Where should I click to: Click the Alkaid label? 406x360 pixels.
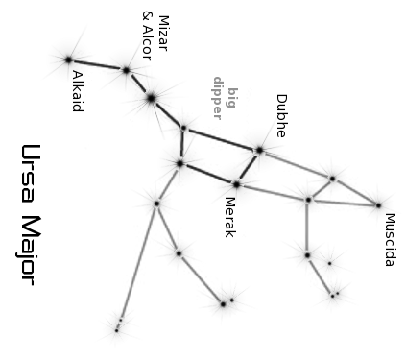pyautogui.click(x=78, y=91)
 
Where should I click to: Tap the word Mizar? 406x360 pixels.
pyautogui.click(x=163, y=34)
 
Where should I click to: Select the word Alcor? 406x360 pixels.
pyautogui.click(x=147, y=42)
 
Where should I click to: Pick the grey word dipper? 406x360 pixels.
pyautogui.click(x=218, y=98)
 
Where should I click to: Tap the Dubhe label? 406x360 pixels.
pyautogui.click(x=281, y=116)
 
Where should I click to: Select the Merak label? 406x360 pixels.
pyautogui.click(x=230, y=217)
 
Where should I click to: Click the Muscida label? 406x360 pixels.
pyautogui.click(x=391, y=240)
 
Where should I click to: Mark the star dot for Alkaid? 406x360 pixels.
pyautogui.click(x=68, y=60)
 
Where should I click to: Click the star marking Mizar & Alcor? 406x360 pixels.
pyautogui.click(x=126, y=70)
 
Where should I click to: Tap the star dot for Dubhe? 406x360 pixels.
pyautogui.click(x=259, y=150)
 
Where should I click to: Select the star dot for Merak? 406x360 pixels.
pyautogui.click(x=236, y=184)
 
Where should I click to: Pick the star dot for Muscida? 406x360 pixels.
pyautogui.click(x=378, y=205)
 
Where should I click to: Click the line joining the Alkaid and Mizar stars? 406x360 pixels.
pyautogui.click(x=97, y=64)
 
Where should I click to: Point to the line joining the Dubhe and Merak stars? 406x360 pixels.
pyautogui.click(x=248, y=167)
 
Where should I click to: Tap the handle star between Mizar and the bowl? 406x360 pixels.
pyautogui.click(x=151, y=98)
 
